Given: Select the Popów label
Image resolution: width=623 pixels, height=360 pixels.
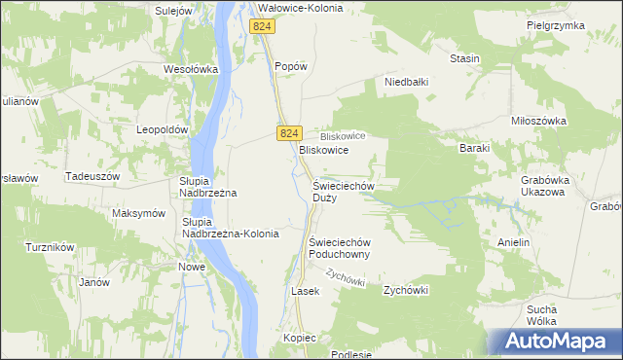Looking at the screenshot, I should [x=291, y=66].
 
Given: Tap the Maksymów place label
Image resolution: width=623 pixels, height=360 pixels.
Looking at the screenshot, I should [x=138, y=213].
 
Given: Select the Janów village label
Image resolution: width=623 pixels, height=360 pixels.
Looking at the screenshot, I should [x=93, y=282].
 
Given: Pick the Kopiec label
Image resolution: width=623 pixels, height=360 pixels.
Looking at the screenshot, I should [x=302, y=337].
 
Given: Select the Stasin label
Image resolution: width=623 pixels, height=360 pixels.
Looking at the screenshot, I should [x=464, y=58].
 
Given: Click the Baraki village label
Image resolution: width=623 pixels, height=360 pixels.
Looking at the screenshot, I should [x=474, y=148].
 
